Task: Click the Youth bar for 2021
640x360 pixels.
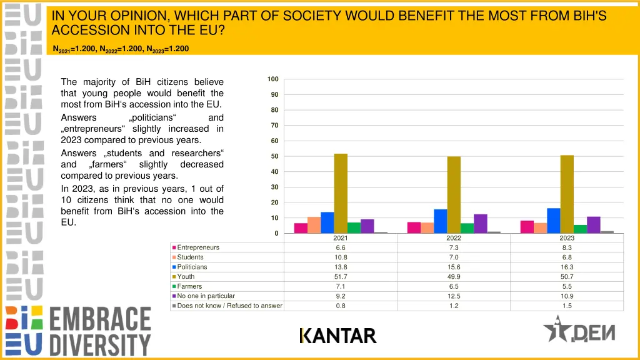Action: [x=341, y=194]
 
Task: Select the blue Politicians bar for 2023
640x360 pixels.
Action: [x=553, y=221]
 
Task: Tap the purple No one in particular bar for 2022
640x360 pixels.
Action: [x=480, y=224]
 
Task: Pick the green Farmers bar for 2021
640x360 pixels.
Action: [x=354, y=227]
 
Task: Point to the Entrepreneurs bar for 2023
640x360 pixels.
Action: [x=527, y=227]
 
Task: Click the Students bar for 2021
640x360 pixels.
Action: [x=314, y=225]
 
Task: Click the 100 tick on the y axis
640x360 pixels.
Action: [x=273, y=79]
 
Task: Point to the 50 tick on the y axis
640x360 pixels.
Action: [x=274, y=156]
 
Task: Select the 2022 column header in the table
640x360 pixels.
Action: [x=454, y=238]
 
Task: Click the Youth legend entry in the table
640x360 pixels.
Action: [x=186, y=277]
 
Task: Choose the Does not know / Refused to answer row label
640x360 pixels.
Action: [x=229, y=306]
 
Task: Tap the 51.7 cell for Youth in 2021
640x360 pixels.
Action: [x=341, y=277]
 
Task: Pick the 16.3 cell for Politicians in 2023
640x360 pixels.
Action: [x=567, y=267]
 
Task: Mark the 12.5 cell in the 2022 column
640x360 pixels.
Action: [x=454, y=296]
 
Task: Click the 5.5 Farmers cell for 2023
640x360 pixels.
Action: [x=567, y=286]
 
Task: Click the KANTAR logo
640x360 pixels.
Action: [x=338, y=336]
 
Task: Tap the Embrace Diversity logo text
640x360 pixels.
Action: [x=100, y=331]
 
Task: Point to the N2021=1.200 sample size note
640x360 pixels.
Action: [x=75, y=49]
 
